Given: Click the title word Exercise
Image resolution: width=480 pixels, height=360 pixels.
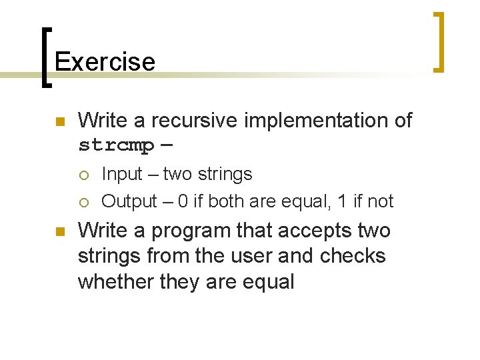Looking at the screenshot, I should pos(105,61).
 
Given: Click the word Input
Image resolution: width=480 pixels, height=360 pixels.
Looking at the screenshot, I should pos(122,174).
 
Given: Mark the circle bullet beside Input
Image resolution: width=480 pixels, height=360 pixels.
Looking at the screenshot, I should pos(83,175).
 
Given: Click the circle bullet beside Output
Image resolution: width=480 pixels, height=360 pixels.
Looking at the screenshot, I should pos(83,202).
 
